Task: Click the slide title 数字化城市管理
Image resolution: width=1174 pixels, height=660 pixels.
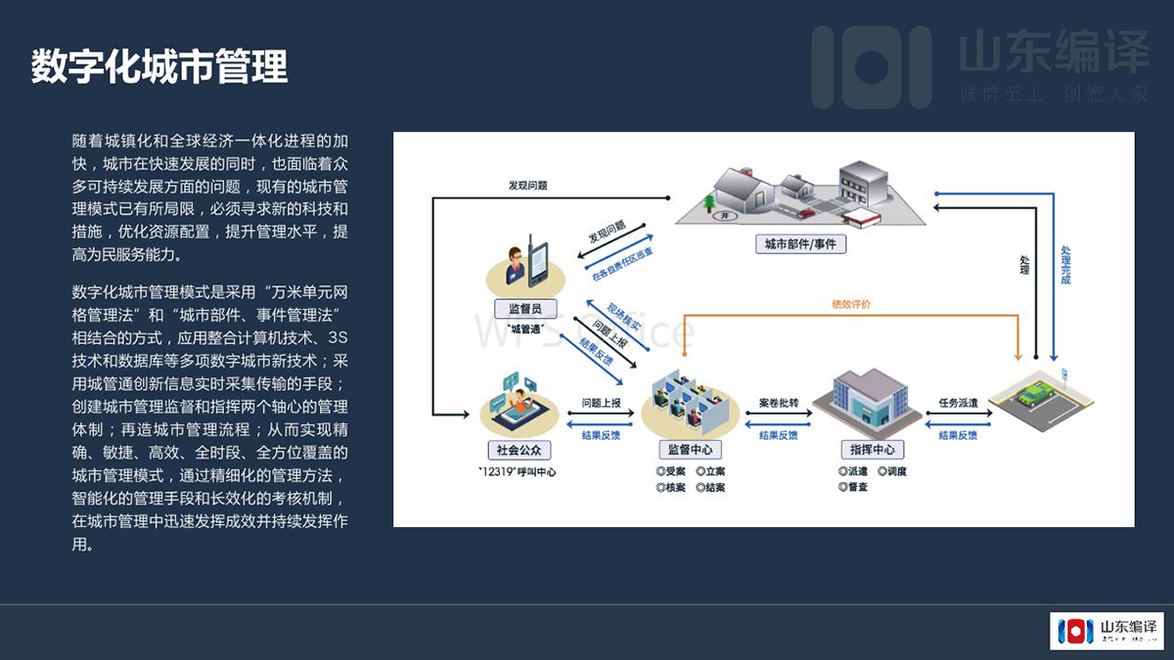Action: [x=159, y=67]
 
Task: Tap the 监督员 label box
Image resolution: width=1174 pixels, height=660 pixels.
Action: [x=525, y=309]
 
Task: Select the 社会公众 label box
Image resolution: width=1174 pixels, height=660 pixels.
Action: [x=519, y=450]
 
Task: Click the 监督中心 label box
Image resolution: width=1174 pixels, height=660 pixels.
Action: [x=690, y=450]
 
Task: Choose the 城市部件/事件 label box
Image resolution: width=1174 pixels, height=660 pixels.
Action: [x=800, y=244]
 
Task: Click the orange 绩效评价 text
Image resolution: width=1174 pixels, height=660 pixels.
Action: [x=850, y=304]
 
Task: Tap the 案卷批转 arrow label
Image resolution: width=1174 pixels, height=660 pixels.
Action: [x=779, y=402]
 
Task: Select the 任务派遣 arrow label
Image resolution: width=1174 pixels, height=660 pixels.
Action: [x=958, y=402]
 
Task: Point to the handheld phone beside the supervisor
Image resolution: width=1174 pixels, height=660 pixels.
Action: [x=538, y=262]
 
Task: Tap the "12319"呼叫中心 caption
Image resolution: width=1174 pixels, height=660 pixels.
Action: [x=518, y=472]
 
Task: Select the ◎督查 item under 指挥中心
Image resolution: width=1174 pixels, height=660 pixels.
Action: [x=853, y=486]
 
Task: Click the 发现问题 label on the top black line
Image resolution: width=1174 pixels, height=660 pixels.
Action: [x=527, y=185]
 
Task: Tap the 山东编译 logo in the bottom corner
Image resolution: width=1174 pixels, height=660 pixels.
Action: [x=1106, y=631]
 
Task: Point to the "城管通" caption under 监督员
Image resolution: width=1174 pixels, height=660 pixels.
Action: [x=525, y=330]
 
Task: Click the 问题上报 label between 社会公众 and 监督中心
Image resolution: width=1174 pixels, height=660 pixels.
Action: [x=601, y=402]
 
